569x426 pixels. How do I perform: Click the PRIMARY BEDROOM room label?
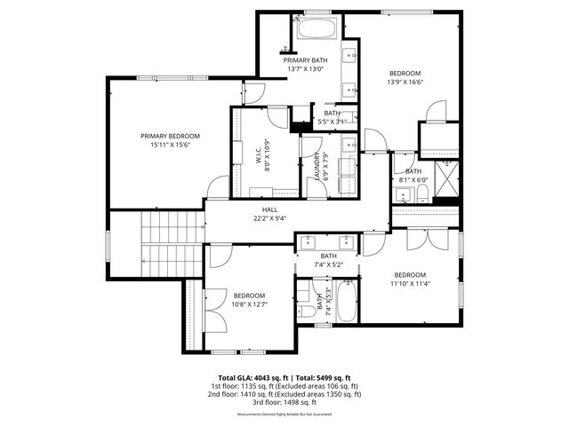pyautogui.click(x=170, y=136)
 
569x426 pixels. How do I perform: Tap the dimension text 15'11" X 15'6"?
pyautogui.click(x=170, y=146)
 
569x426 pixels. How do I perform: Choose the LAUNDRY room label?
pyautogui.click(x=317, y=166)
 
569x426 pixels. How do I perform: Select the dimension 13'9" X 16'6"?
pyautogui.click(x=405, y=83)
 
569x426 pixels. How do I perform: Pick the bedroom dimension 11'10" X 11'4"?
pyautogui.click(x=410, y=284)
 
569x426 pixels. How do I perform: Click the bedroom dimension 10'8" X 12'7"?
pyautogui.click(x=249, y=304)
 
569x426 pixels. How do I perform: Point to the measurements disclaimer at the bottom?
pyautogui.click(x=284, y=414)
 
